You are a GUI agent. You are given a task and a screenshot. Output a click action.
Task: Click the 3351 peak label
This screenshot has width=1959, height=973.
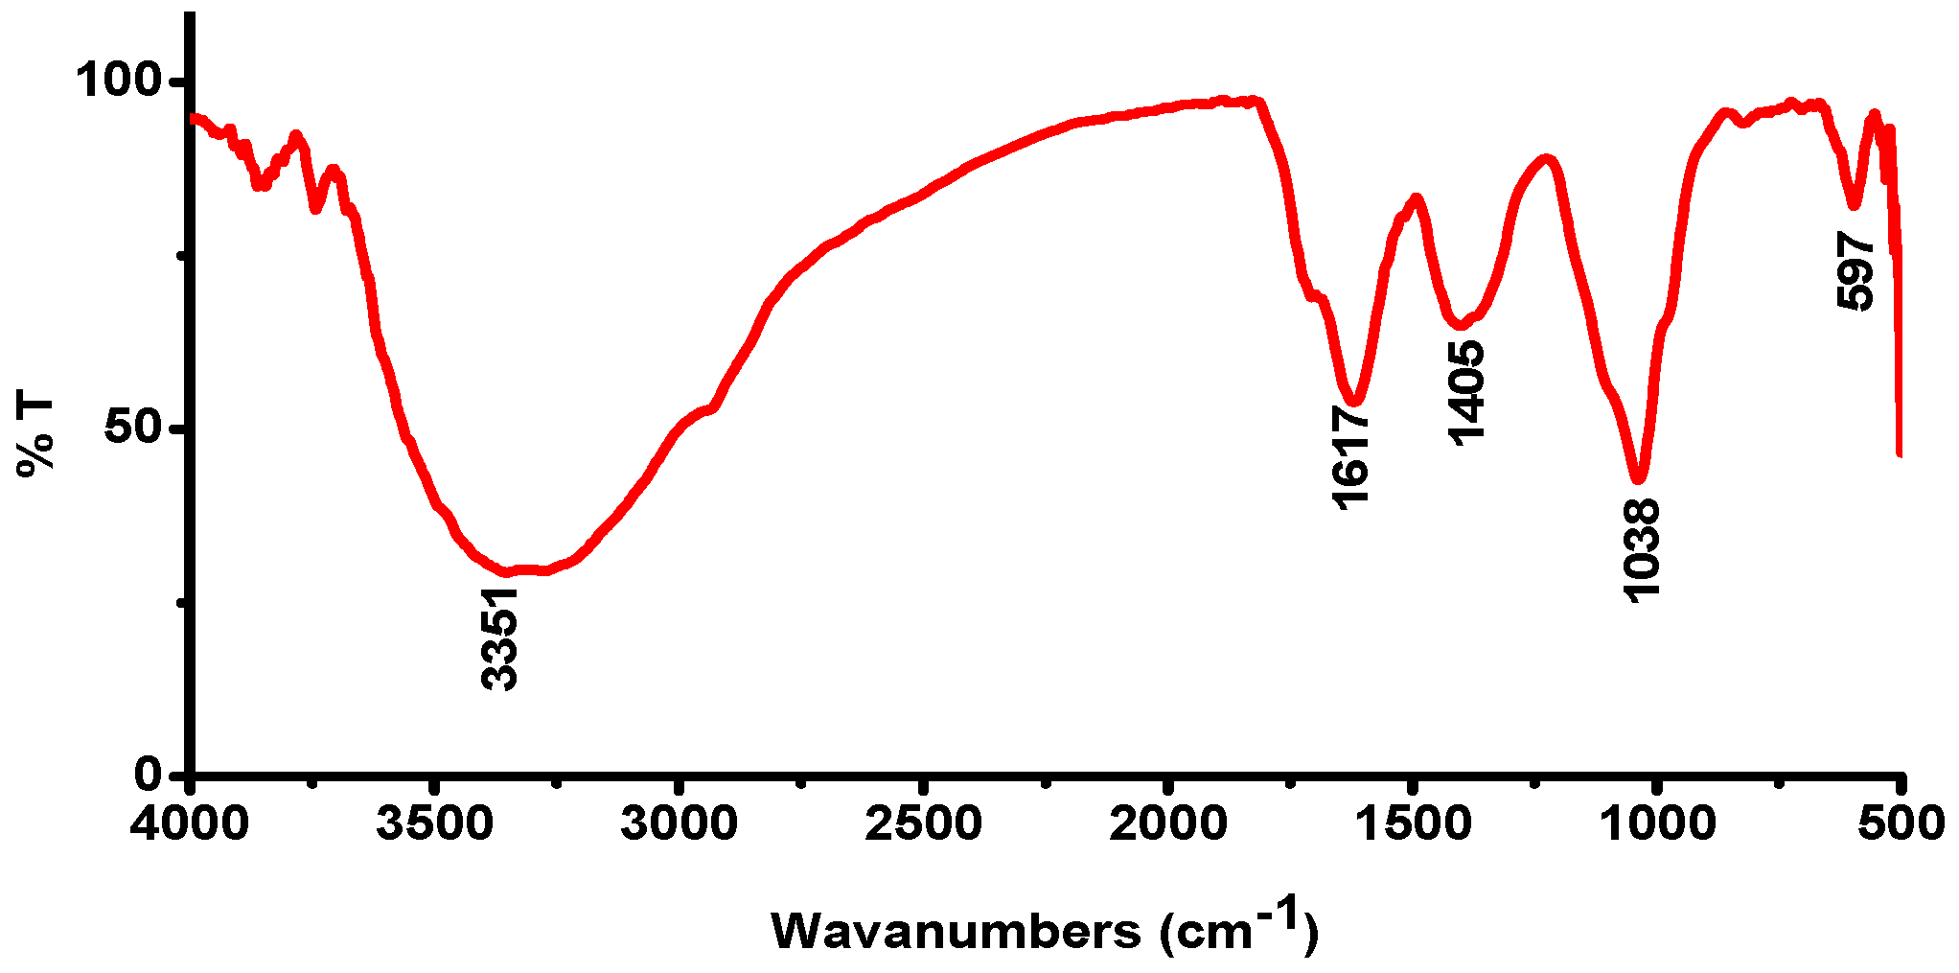point(500,639)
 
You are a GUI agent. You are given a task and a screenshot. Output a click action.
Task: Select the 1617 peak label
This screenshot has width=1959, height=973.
point(1350,457)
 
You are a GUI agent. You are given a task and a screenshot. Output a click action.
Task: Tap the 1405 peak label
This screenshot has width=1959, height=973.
point(1465,394)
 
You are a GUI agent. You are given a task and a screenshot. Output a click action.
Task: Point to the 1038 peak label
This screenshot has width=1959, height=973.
point(1641,550)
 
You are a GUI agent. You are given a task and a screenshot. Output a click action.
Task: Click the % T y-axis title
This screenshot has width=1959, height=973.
point(36,435)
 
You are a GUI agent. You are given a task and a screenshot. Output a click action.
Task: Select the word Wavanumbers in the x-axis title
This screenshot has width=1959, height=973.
point(956,931)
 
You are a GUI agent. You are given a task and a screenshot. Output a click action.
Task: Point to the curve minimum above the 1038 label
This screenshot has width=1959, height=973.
point(1639,476)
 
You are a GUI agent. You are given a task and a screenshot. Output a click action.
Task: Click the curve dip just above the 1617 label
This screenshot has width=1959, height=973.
point(1354,399)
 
